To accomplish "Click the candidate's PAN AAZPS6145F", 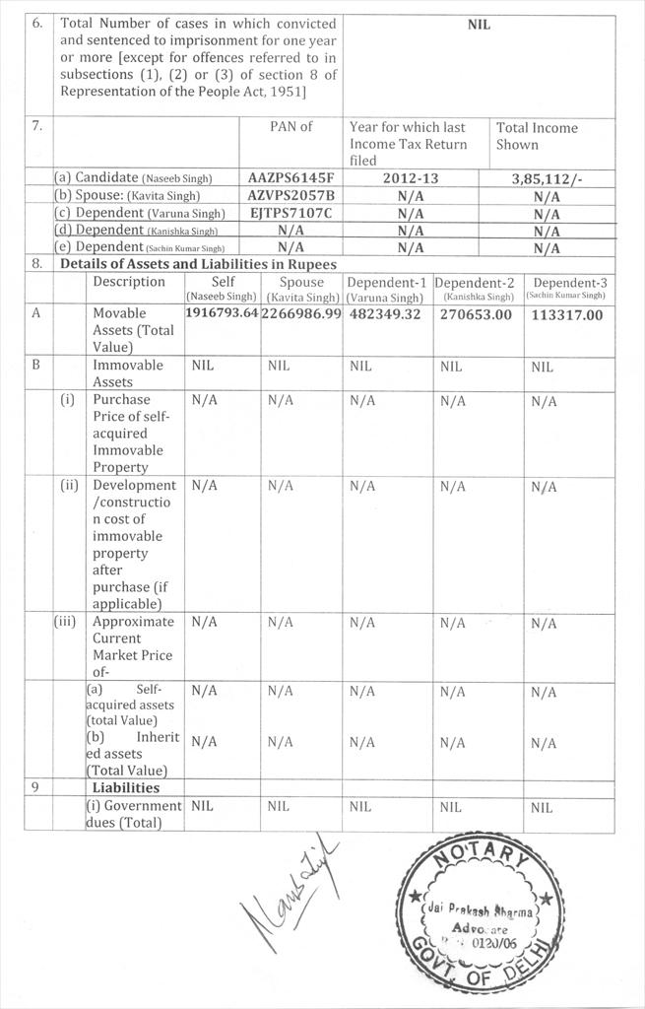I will [291, 178].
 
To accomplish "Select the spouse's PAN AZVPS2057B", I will [291, 195].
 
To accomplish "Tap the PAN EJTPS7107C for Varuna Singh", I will [291, 212].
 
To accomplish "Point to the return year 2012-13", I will [412, 178].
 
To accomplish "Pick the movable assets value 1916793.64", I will [222, 313].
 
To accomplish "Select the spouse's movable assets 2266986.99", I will [301, 313].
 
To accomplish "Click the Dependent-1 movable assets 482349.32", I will [384, 313].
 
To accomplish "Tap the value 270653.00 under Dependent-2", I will [477, 314].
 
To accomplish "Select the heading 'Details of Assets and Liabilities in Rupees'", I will [198, 264].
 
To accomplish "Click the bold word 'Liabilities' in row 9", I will [125, 787].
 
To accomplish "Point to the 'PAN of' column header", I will [290, 127].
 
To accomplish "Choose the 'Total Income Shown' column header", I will [537, 136].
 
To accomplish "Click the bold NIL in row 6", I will [479, 25].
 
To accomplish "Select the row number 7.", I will [36, 127].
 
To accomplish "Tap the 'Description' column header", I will [129, 282].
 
